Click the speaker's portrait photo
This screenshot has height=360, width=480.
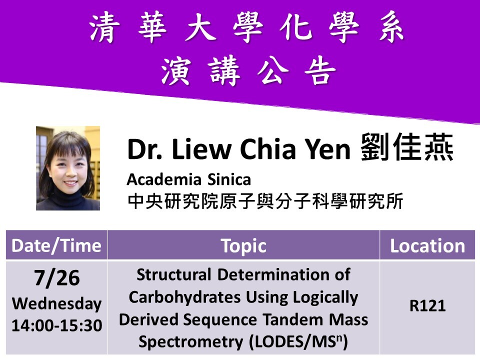[68, 168]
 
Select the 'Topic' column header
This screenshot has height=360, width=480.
[243, 245]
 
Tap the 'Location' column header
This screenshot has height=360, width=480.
[427, 245]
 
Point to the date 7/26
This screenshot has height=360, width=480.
[56, 278]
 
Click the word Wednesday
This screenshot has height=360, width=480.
[56, 303]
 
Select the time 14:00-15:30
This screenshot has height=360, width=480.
[56, 325]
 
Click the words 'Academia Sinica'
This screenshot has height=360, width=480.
[188, 179]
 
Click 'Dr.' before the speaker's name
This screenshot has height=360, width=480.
[144, 150]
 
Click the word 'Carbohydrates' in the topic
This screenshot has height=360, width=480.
[185, 297]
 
